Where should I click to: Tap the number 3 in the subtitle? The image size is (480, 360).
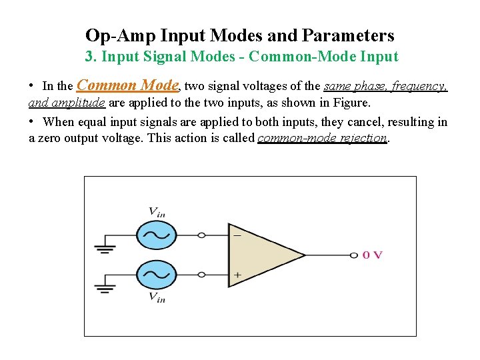(89, 57)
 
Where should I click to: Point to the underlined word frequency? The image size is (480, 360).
(420, 86)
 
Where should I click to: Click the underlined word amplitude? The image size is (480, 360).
(76, 103)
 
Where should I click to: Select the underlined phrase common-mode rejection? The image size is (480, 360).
(322, 138)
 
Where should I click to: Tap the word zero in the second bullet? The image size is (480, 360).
(53, 138)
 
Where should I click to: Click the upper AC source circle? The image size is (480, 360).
(157, 235)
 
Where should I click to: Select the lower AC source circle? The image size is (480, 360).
(157, 274)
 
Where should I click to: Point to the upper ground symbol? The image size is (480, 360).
(105, 247)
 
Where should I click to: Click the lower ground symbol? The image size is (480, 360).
(105, 287)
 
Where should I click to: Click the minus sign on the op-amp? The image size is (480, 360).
(237, 235)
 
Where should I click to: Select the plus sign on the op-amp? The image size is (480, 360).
(237, 275)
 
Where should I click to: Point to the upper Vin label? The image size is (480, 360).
(157, 213)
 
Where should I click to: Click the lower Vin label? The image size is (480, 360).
(157, 297)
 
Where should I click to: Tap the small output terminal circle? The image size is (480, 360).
(353, 255)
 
